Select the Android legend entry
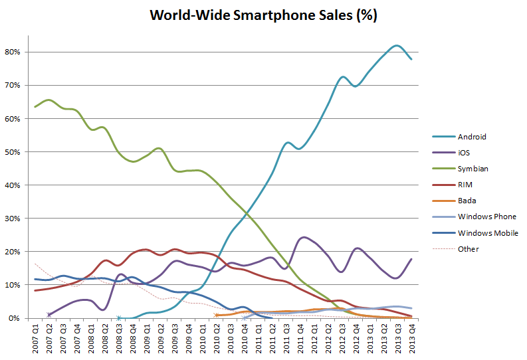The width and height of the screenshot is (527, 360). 472,137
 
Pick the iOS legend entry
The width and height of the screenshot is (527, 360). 464,153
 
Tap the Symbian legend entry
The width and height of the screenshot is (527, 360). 473,169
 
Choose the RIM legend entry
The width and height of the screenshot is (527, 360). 465,185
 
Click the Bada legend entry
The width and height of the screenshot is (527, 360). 467,201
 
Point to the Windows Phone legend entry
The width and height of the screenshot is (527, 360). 486,217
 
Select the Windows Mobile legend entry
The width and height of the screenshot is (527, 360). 488,233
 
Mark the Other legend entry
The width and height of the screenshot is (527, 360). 468,249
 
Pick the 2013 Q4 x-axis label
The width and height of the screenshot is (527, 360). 412,336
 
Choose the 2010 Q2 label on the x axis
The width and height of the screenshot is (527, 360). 217,336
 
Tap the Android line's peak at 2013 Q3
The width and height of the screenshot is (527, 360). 397,46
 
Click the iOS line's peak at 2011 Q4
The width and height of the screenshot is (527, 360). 303,237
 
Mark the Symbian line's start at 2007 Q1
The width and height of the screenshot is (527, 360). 35,107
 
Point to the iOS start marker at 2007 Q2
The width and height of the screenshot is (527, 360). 49,315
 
